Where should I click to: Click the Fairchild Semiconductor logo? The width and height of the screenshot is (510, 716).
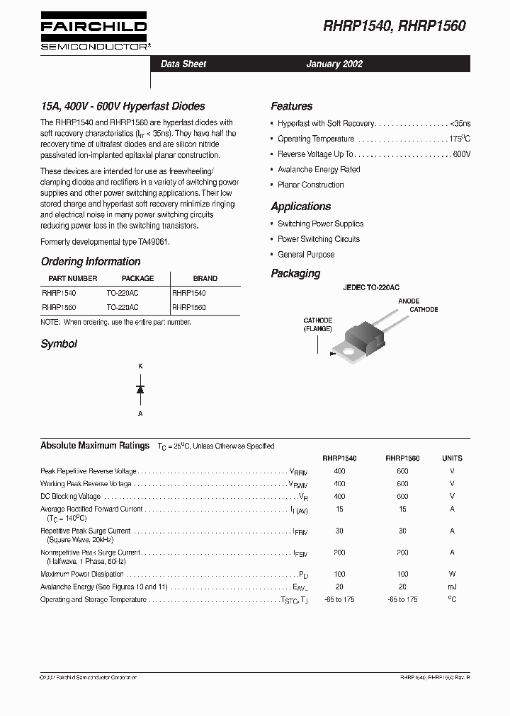[93, 33]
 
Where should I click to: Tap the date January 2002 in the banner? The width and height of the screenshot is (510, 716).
[334, 64]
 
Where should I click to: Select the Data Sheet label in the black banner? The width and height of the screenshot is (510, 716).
[183, 64]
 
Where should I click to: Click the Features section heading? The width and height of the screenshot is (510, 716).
[291, 106]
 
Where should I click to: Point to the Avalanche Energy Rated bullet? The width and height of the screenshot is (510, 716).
[319, 170]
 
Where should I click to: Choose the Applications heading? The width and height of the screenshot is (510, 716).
[300, 207]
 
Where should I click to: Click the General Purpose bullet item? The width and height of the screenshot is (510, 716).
[306, 255]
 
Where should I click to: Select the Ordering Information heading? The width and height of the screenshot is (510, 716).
[91, 261]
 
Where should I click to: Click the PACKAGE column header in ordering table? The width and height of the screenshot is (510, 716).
[137, 278]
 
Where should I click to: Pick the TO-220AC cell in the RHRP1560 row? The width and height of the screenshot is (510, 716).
[123, 308]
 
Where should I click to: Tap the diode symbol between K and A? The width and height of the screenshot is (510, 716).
[140, 389]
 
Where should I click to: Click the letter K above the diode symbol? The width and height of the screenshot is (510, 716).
[140, 366]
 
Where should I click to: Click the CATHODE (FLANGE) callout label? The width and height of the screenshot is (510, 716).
[318, 325]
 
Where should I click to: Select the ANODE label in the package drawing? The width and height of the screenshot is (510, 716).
[409, 301]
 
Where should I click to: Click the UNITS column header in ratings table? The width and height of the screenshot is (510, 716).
[452, 458]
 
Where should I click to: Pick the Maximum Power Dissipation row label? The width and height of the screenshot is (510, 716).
[82, 574]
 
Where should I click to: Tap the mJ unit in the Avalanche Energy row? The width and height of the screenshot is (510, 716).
[452, 587]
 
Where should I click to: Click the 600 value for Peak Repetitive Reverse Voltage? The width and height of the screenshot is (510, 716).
[402, 470]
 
